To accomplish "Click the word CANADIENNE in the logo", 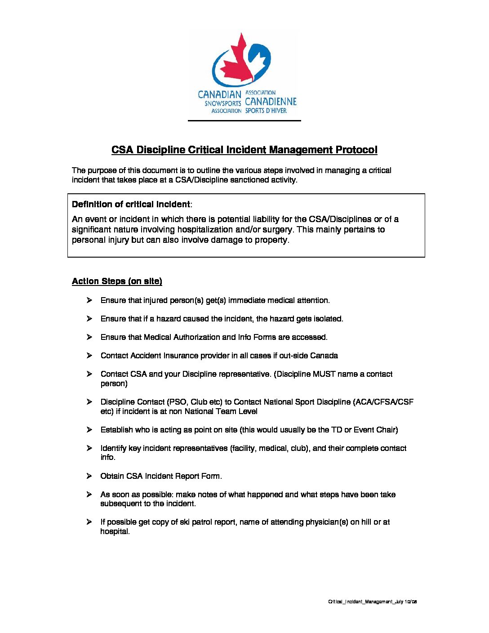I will (271, 102).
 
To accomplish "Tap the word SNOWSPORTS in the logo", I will (223, 103).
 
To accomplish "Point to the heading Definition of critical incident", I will (131, 205).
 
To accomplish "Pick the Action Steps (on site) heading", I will (117, 281).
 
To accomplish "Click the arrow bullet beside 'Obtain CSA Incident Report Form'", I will (89, 476).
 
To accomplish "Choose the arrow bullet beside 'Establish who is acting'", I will (89, 429).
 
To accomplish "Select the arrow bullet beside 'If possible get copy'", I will (89, 522).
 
